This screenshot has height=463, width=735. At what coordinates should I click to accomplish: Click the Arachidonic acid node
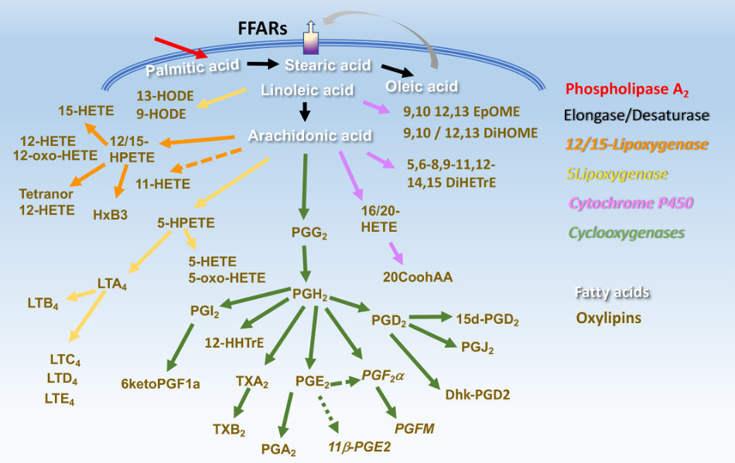[x=309, y=136]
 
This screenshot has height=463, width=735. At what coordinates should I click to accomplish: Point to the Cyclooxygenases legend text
[x=626, y=232]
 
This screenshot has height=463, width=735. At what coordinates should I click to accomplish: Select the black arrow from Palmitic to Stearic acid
[x=262, y=65]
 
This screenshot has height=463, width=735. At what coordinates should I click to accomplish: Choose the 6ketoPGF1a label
[x=160, y=383]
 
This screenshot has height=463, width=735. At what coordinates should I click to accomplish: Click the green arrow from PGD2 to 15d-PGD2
[x=429, y=317]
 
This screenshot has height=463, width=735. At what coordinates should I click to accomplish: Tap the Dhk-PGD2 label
[x=477, y=394]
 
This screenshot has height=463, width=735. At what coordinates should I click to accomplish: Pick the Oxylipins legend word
[x=608, y=318]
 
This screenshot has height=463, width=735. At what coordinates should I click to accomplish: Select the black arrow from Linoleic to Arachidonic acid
[x=305, y=112]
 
